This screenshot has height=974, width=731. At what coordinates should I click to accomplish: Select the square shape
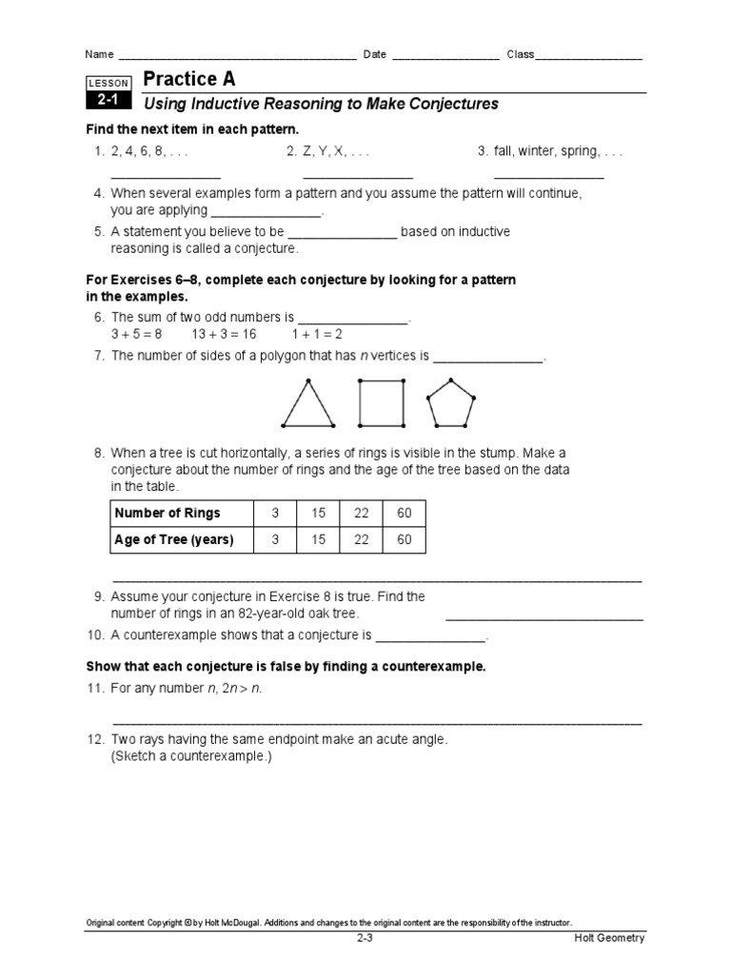[x=381, y=403]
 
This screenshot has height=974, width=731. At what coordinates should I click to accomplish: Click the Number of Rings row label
[x=168, y=513]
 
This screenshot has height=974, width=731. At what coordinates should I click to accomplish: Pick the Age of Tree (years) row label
[x=173, y=540]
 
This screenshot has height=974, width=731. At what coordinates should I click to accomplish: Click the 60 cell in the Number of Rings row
[x=405, y=513]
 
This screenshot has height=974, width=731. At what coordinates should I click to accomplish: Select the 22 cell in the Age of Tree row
[x=362, y=540]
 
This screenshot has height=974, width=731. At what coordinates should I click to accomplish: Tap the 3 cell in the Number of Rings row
[x=275, y=513]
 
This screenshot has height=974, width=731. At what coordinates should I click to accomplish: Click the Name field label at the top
[x=99, y=54]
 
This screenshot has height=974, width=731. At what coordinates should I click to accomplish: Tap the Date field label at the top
[x=374, y=54]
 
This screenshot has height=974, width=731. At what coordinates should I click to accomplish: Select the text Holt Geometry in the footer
[x=609, y=938]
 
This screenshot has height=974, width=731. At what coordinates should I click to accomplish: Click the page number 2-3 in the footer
[x=365, y=938]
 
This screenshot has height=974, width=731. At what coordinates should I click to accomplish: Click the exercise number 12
[x=95, y=739]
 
